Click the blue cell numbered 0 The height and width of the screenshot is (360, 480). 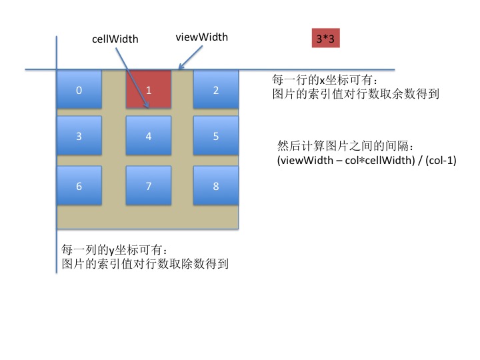[x=79, y=89]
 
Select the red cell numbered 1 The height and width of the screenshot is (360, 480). [x=149, y=89]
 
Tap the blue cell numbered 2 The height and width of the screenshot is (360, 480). [x=216, y=89]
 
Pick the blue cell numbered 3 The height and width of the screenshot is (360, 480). [x=79, y=135]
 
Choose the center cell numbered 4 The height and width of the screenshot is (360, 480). [x=149, y=135]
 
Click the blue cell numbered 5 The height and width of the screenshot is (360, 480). [x=216, y=135]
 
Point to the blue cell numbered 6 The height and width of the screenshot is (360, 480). [x=79, y=185]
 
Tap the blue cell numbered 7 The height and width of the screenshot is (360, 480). [x=149, y=185]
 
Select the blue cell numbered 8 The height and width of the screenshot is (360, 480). [x=216, y=185]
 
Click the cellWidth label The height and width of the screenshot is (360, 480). [x=115, y=39]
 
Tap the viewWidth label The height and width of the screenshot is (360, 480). [x=202, y=37]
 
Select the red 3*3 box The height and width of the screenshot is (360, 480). [x=326, y=38]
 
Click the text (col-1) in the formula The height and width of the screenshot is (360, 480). [x=441, y=160]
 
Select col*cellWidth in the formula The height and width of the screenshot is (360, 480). [x=379, y=160]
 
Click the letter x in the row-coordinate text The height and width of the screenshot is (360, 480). [x=323, y=81]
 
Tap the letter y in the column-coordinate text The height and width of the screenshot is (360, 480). [x=112, y=251]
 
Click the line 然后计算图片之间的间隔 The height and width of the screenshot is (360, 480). [x=345, y=146]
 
